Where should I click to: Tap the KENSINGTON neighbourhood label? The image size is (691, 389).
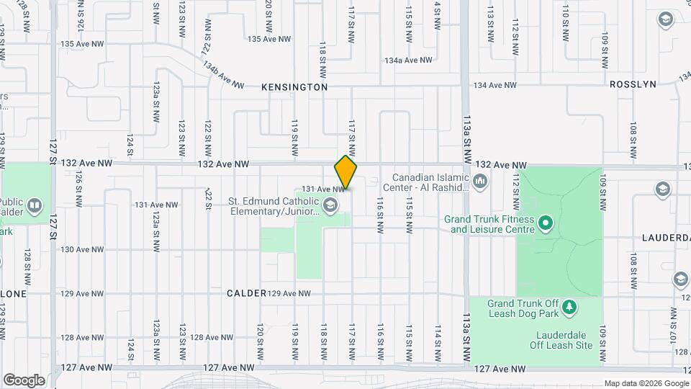(294, 86)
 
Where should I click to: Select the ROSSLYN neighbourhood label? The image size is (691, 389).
(633, 84)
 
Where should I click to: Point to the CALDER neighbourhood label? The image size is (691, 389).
(247, 294)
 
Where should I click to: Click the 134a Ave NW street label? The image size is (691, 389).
(408, 61)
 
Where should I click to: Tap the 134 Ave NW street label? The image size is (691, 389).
(494, 85)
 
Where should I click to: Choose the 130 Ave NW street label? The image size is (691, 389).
(86, 249)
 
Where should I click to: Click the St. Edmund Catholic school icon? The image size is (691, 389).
(330, 206)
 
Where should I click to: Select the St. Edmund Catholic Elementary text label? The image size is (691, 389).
(274, 206)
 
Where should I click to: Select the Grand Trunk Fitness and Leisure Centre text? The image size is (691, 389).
(492, 224)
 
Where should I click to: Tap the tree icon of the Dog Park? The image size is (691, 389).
(569, 308)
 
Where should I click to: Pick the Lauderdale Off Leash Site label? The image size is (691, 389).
(564, 340)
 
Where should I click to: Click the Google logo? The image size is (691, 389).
(24, 380)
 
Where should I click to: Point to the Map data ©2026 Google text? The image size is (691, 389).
(646, 383)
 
